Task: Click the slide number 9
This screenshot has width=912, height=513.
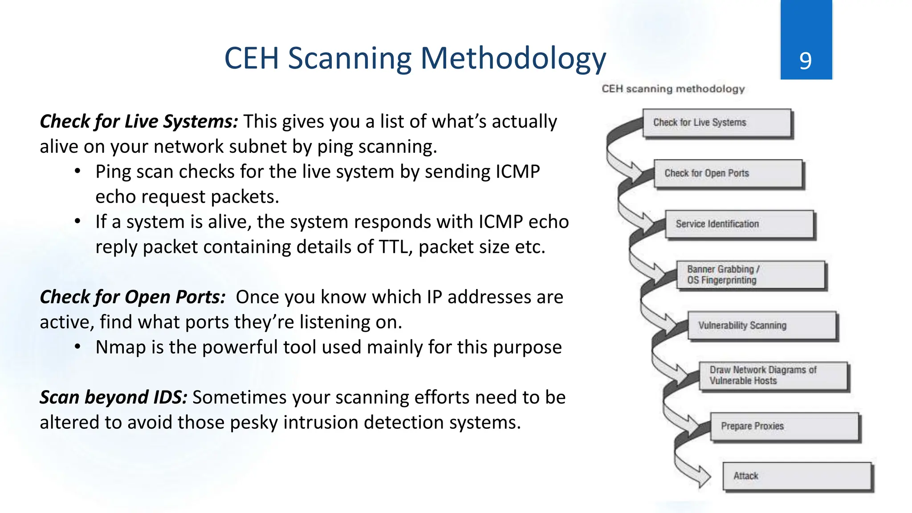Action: (805, 61)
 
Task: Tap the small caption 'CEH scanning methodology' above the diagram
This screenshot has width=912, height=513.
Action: (673, 89)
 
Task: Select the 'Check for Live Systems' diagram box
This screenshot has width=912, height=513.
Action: (717, 123)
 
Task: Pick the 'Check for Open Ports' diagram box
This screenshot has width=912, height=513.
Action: (728, 174)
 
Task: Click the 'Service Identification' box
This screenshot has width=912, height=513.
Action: (739, 224)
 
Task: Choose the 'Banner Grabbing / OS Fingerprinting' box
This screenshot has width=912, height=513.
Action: (750, 275)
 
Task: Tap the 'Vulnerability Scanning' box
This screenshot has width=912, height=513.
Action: (762, 326)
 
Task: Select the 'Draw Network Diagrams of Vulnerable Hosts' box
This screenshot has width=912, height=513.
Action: (773, 376)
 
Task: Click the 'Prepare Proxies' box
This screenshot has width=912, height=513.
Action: (784, 427)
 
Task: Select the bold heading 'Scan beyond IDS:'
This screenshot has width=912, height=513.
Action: (114, 397)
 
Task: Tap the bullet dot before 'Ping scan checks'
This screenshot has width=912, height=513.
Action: (77, 171)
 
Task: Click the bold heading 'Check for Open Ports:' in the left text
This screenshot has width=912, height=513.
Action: (133, 297)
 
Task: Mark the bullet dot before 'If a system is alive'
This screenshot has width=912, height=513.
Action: (77, 221)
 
